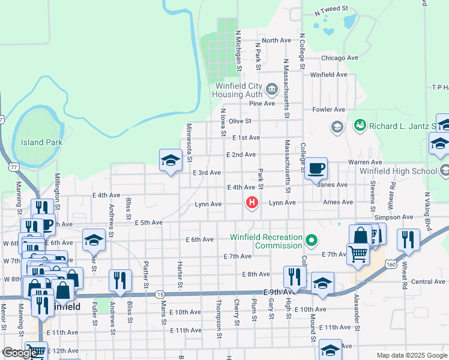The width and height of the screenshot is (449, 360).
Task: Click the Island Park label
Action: click(x=41, y=142)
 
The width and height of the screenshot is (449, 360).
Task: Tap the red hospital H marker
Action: click(x=252, y=203)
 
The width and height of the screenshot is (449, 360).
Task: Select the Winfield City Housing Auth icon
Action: click(x=271, y=90)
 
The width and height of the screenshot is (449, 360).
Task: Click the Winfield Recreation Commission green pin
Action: click(x=311, y=241)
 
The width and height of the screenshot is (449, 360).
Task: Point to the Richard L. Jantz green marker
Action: click(x=360, y=125)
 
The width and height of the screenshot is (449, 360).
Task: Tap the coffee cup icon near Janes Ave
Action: click(x=316, y=169)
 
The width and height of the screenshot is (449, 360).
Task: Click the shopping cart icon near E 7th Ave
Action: click(x=358, y=253)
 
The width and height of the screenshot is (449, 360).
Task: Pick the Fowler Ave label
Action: click(x=329, y=110)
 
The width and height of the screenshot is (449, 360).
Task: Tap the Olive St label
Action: click(x=239, y=121)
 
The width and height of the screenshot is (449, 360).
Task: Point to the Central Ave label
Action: click(x=428, y=281)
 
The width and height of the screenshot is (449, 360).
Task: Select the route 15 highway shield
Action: click(x=160, y=294)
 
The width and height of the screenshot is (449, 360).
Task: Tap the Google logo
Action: click(x=20, y=353)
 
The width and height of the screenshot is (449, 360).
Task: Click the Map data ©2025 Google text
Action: click(x=411, y=355)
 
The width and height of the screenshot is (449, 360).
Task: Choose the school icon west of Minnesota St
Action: click(x=170, y=160)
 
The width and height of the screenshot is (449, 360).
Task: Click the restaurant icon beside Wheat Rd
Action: click(x=408, y=239)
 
